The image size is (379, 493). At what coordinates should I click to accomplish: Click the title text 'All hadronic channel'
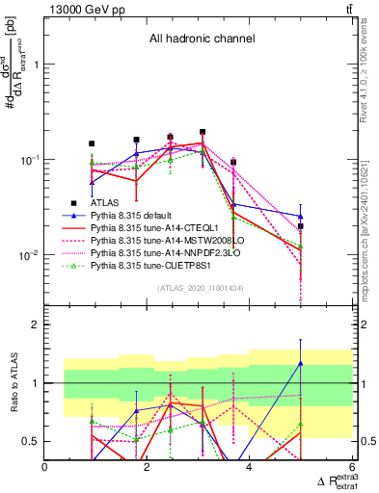(x=201, y=39)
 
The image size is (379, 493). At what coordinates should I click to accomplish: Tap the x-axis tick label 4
(x=249, y=468)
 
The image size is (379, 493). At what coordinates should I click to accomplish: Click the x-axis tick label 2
(x=148, y=468)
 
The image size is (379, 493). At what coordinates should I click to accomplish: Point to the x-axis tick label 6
(x=351, y=468)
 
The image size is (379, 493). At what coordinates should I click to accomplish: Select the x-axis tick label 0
(x=45, y=468)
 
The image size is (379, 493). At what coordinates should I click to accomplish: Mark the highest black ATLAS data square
(x=203, y=132)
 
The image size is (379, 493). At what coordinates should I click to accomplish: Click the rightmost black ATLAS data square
(x=301, y=226)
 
